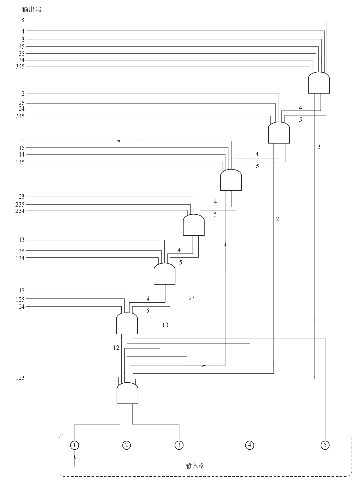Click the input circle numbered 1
coord(74,445)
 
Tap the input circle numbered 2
coord(127,445)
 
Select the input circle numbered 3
coord(179,445)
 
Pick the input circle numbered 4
coord(250,445)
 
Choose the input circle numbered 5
coord(325,445)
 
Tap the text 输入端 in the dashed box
coord(195,466)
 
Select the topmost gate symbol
coord(319,83)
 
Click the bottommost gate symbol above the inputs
coord(127,393)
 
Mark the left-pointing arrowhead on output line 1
coord(118,141)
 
